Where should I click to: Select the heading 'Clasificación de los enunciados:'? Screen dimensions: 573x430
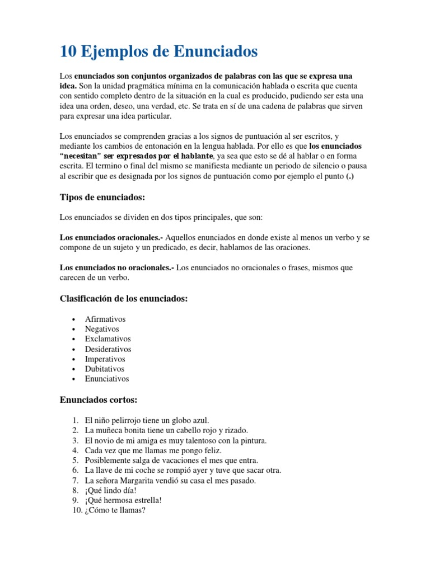tap(124, 299)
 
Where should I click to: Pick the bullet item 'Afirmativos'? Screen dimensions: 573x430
tap(105, 319)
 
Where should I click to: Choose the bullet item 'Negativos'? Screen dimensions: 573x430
tap(102, 329)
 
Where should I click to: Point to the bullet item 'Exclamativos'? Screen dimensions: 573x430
tap(107, 339)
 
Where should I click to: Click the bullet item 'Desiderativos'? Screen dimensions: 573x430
tap(108, 349)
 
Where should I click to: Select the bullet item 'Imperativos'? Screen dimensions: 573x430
tap(105, 359)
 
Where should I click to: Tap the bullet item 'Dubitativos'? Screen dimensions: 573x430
tap(105, 369)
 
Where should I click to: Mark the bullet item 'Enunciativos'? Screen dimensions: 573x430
tap(107, 379)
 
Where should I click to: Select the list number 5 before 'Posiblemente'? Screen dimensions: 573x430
tap(75, 460)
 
